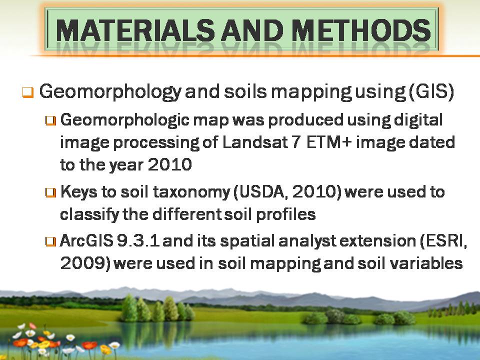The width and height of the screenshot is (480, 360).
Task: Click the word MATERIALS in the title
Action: coord(135,30)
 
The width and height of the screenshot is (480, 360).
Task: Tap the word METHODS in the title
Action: coord(361,30)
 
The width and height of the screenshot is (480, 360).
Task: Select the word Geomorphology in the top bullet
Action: coord(110,91)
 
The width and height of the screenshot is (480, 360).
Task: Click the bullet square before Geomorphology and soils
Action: coord(27,92)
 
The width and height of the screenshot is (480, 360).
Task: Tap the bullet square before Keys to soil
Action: coord(51,192)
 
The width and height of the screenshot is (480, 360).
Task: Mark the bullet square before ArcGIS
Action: coord(51,241)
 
